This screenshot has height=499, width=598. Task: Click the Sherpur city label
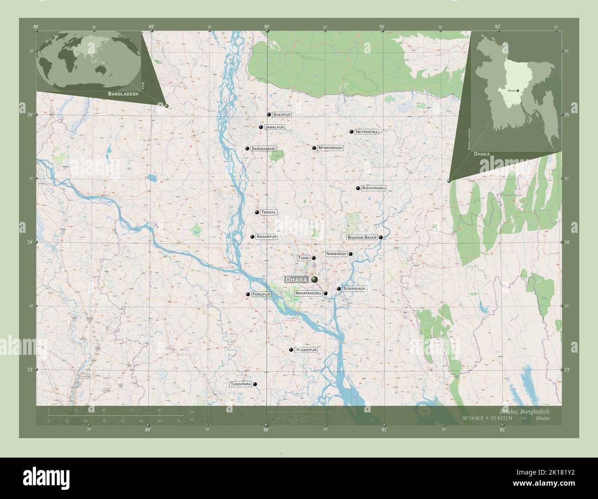(282, 114)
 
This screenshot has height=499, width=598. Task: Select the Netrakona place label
(367, 132)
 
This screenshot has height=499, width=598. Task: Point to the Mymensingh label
(331, 148)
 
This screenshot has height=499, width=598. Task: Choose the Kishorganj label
(374, 188)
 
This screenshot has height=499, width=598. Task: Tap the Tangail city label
(269, 212)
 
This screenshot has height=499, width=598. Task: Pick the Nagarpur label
(266, 237)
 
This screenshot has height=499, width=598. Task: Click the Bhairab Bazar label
(362, 238)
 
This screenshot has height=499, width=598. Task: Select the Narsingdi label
(336, 254)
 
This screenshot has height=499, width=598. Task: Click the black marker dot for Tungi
(314, 258)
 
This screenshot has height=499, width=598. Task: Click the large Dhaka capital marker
(315, 279)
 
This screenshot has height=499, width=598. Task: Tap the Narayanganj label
(308, 293)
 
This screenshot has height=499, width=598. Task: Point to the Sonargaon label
(354, 289)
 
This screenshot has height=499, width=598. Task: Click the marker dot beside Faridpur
(248, 294)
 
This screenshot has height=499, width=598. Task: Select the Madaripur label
(306, 350)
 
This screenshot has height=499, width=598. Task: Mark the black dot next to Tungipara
(255, 384)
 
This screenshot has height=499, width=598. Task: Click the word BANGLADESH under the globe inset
(123, 93)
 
